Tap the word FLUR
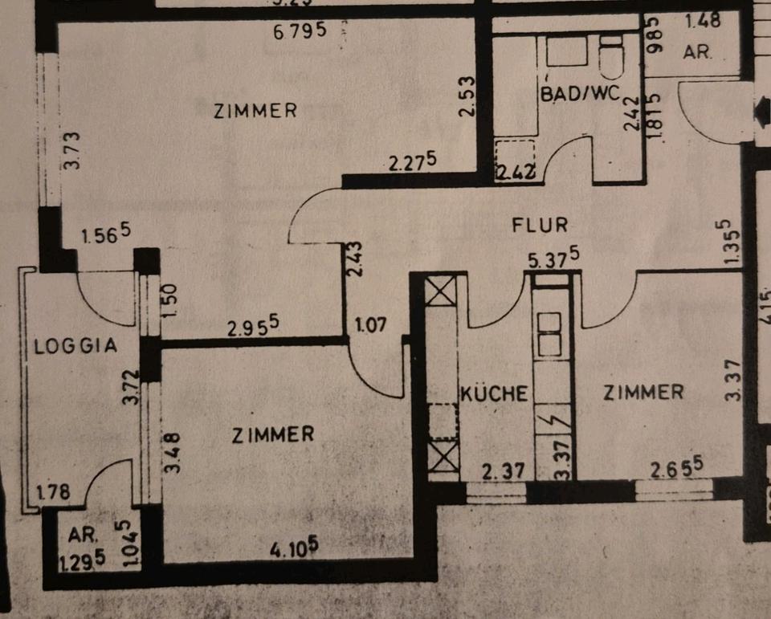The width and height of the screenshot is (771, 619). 541,225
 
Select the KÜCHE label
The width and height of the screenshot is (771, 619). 495,394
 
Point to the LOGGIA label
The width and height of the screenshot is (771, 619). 76,347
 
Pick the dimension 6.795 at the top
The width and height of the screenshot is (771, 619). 299,32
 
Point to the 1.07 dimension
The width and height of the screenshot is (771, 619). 370,327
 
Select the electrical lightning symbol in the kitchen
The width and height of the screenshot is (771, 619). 553,420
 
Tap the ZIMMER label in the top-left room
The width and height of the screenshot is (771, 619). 255,111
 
